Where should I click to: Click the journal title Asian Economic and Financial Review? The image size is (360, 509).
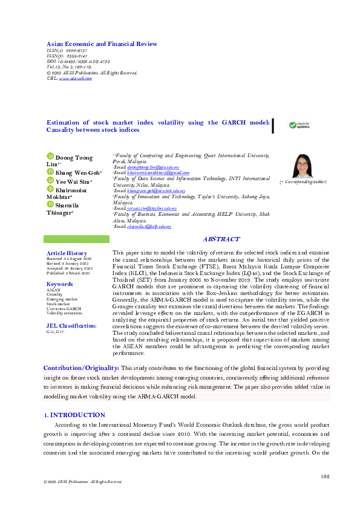[x=102, y=44]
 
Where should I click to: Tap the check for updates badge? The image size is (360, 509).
[x=298, y=125]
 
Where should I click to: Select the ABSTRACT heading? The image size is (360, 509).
[x=221, y=239]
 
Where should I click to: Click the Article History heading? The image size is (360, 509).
[x=67, y=253]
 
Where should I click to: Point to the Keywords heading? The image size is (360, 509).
[x=60, y=284]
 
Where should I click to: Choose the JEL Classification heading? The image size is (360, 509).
[x=71, y=325]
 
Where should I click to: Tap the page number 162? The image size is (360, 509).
[x=325, y=476]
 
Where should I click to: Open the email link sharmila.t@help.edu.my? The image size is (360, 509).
[x=149, y=227]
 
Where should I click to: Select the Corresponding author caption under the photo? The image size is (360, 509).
[x=303, y=181]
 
